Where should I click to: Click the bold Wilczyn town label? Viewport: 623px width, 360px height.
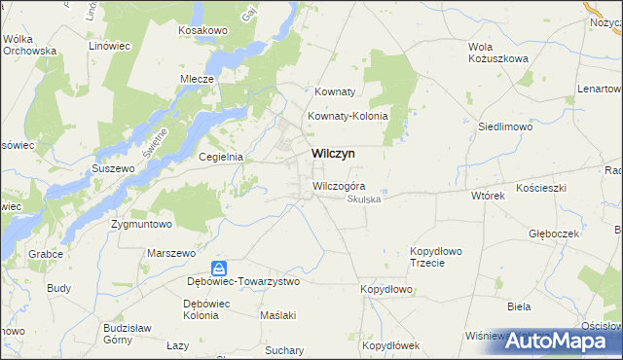pyautogui.click(x=333, y=154)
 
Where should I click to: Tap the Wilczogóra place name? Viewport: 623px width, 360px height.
pyautogui.click(x=339, y=186)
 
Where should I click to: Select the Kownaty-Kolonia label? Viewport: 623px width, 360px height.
pyautogui.click(x=348, y=116)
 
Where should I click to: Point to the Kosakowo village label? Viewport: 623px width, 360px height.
pyautogui.click(x=202, y=31)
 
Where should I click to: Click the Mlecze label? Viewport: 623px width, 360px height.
pyautogui.click(x=197, y=80)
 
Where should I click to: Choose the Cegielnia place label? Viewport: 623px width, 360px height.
pyautogui.click(x=220, y=157)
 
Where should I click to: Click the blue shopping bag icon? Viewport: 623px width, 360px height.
pyautogui.click(x=221, y=268)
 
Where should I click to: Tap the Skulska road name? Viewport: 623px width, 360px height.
pyautogui.click(x=365, y=199)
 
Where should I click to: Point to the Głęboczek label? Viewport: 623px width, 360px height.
pyautogui.click(x=554, y=234)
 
